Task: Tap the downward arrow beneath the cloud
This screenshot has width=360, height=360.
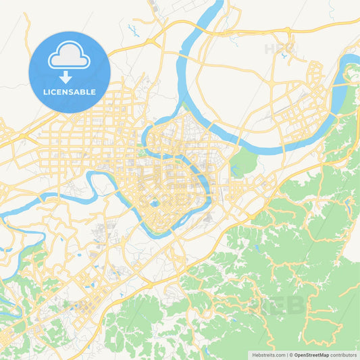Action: coord(70,76)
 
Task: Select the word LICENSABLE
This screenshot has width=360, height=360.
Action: coord(70,92)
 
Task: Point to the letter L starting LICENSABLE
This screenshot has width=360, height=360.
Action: coord(45,92)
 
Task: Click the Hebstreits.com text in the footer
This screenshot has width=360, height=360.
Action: coord(269,355)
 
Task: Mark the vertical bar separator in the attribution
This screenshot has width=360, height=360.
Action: coord(288,355)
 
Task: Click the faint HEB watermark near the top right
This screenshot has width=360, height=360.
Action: coord(280,49)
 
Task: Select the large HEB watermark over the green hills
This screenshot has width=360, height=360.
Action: coord(276,305)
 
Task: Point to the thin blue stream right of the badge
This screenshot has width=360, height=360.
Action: coord(133,30)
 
